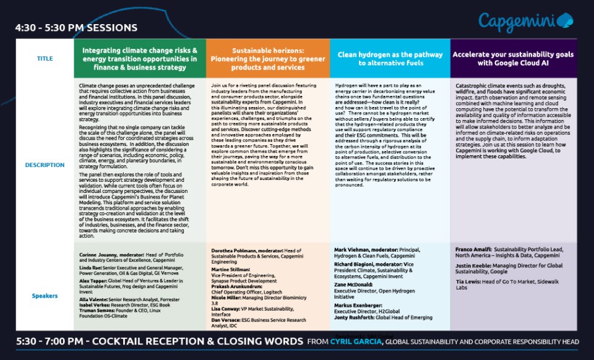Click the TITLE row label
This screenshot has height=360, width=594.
click(x=45, y=59)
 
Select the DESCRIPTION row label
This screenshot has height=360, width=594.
click(x=45, y=165)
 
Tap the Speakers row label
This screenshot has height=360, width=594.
click(x=45, y=296)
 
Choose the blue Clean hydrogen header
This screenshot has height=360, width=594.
click(x=390, y=59)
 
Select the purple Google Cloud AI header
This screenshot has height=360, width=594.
click(x=514, y=59)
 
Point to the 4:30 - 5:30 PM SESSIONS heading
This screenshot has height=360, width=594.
click(x=76, y=28)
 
